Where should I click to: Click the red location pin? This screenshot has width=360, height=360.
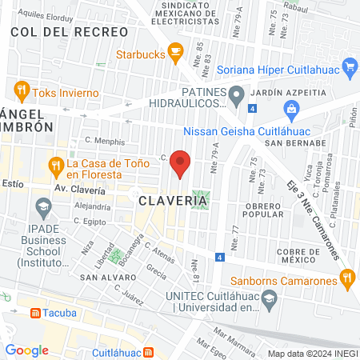[x=181, y=163]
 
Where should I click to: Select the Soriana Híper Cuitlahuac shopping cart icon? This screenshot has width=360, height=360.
[x=349, y=66]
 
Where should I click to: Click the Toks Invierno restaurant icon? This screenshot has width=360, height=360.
[x=22, y=90]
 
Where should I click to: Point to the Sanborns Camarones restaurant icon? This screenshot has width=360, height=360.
[x=346, y=279]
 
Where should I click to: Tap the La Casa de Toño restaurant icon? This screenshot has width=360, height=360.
[x=55, y=167]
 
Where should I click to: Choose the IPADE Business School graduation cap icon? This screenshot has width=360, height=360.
[x=42, y=210]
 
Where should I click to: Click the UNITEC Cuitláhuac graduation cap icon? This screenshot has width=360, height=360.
[x=270, y=300]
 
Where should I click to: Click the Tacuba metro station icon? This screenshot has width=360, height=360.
[x=35, y=312]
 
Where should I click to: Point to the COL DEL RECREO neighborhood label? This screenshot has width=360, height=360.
[x=69, y=31]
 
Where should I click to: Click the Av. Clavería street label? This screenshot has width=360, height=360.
[x=79, y=190]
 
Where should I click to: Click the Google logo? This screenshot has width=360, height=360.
[x=26, y=350]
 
